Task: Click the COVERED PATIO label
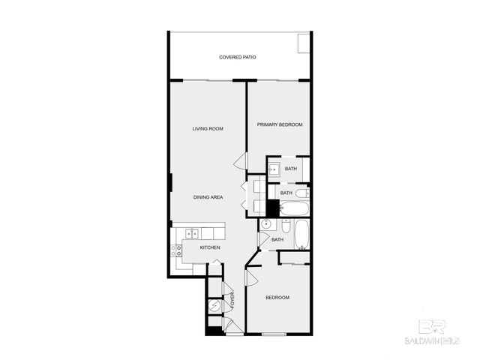pyautogui.click(x=238, y=57)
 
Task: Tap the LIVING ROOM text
pyautogui.click(x=208, y=129)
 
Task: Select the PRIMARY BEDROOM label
pyautogui.click(x=280, y=124)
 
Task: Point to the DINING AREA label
pyautogui.click(x=208, y=197)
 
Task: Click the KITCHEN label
pyautogui.click(x=210, y=247)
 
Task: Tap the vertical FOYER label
pyautogui.click(x=232, y=299)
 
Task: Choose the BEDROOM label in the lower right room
pyautogui.click(x=277, y=298)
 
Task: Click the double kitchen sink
pyautogui.click(x=192, y=233)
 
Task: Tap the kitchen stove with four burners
pyautogui.click(x=179, y=250)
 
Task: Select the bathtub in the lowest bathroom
pyautogui.click(x=301, y=234)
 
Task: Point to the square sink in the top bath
pyautogui.click(x=274, y=169)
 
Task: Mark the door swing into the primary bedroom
pyautogui.click(x=240, y=160)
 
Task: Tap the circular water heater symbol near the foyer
pyautogui.click(x=216, y=305)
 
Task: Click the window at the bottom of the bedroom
pyautogui.click(x=274, y=333)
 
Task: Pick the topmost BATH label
pyautogui.click(x=290, y=169)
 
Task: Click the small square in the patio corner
pyautogui.click(x=304, y=44)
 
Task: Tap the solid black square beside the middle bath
pyautogui.click(x=272, y=206)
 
